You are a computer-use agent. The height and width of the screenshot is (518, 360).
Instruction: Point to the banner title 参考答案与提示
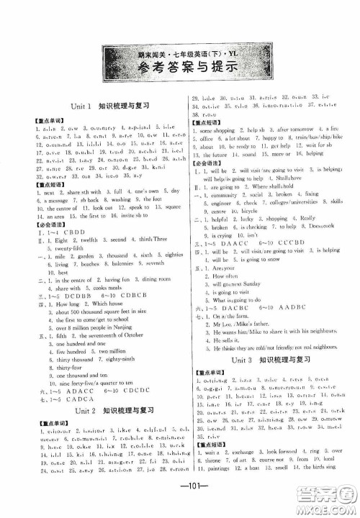[179, 69]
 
